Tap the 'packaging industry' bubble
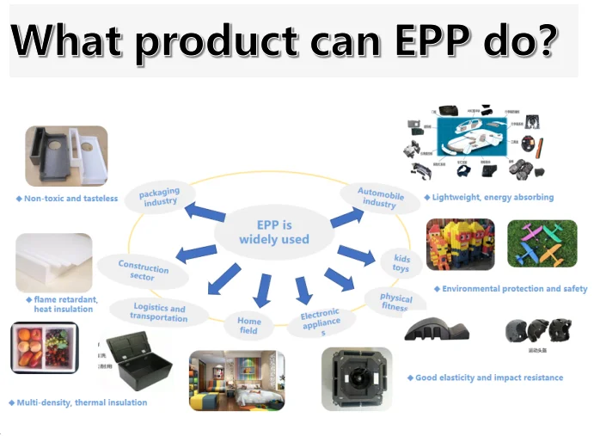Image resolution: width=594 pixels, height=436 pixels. point(160,197)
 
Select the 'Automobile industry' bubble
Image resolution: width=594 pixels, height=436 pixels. point(379,198)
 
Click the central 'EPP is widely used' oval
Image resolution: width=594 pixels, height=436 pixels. point(273,231)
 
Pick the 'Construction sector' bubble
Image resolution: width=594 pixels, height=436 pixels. point(143,271)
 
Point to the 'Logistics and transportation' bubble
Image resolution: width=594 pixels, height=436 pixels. point(159,312)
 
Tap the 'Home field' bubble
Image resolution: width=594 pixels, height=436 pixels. point(248,325)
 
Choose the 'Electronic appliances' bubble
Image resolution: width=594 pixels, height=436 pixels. point(321,323)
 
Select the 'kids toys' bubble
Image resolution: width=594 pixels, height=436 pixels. point(401,262)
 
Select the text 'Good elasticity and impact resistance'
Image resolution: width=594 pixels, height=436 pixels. point(488,378)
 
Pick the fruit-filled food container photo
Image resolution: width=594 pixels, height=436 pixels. point(44,348)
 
